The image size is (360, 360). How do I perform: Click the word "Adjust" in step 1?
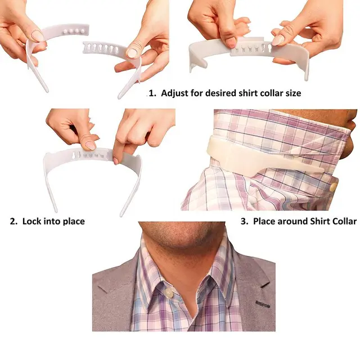(x=175, y=93)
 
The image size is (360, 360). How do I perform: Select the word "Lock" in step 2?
(x=31, y=221)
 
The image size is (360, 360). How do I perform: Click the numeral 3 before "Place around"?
(x=244, y=222)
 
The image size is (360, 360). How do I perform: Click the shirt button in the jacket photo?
(x=169, y=292)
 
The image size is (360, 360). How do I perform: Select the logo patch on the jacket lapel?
(x=263, y=304)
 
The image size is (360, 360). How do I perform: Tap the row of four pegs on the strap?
(x=74, y=31)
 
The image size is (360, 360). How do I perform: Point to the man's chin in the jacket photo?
(x=184, y=244)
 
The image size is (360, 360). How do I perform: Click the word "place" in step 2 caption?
(x=74, y=222)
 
